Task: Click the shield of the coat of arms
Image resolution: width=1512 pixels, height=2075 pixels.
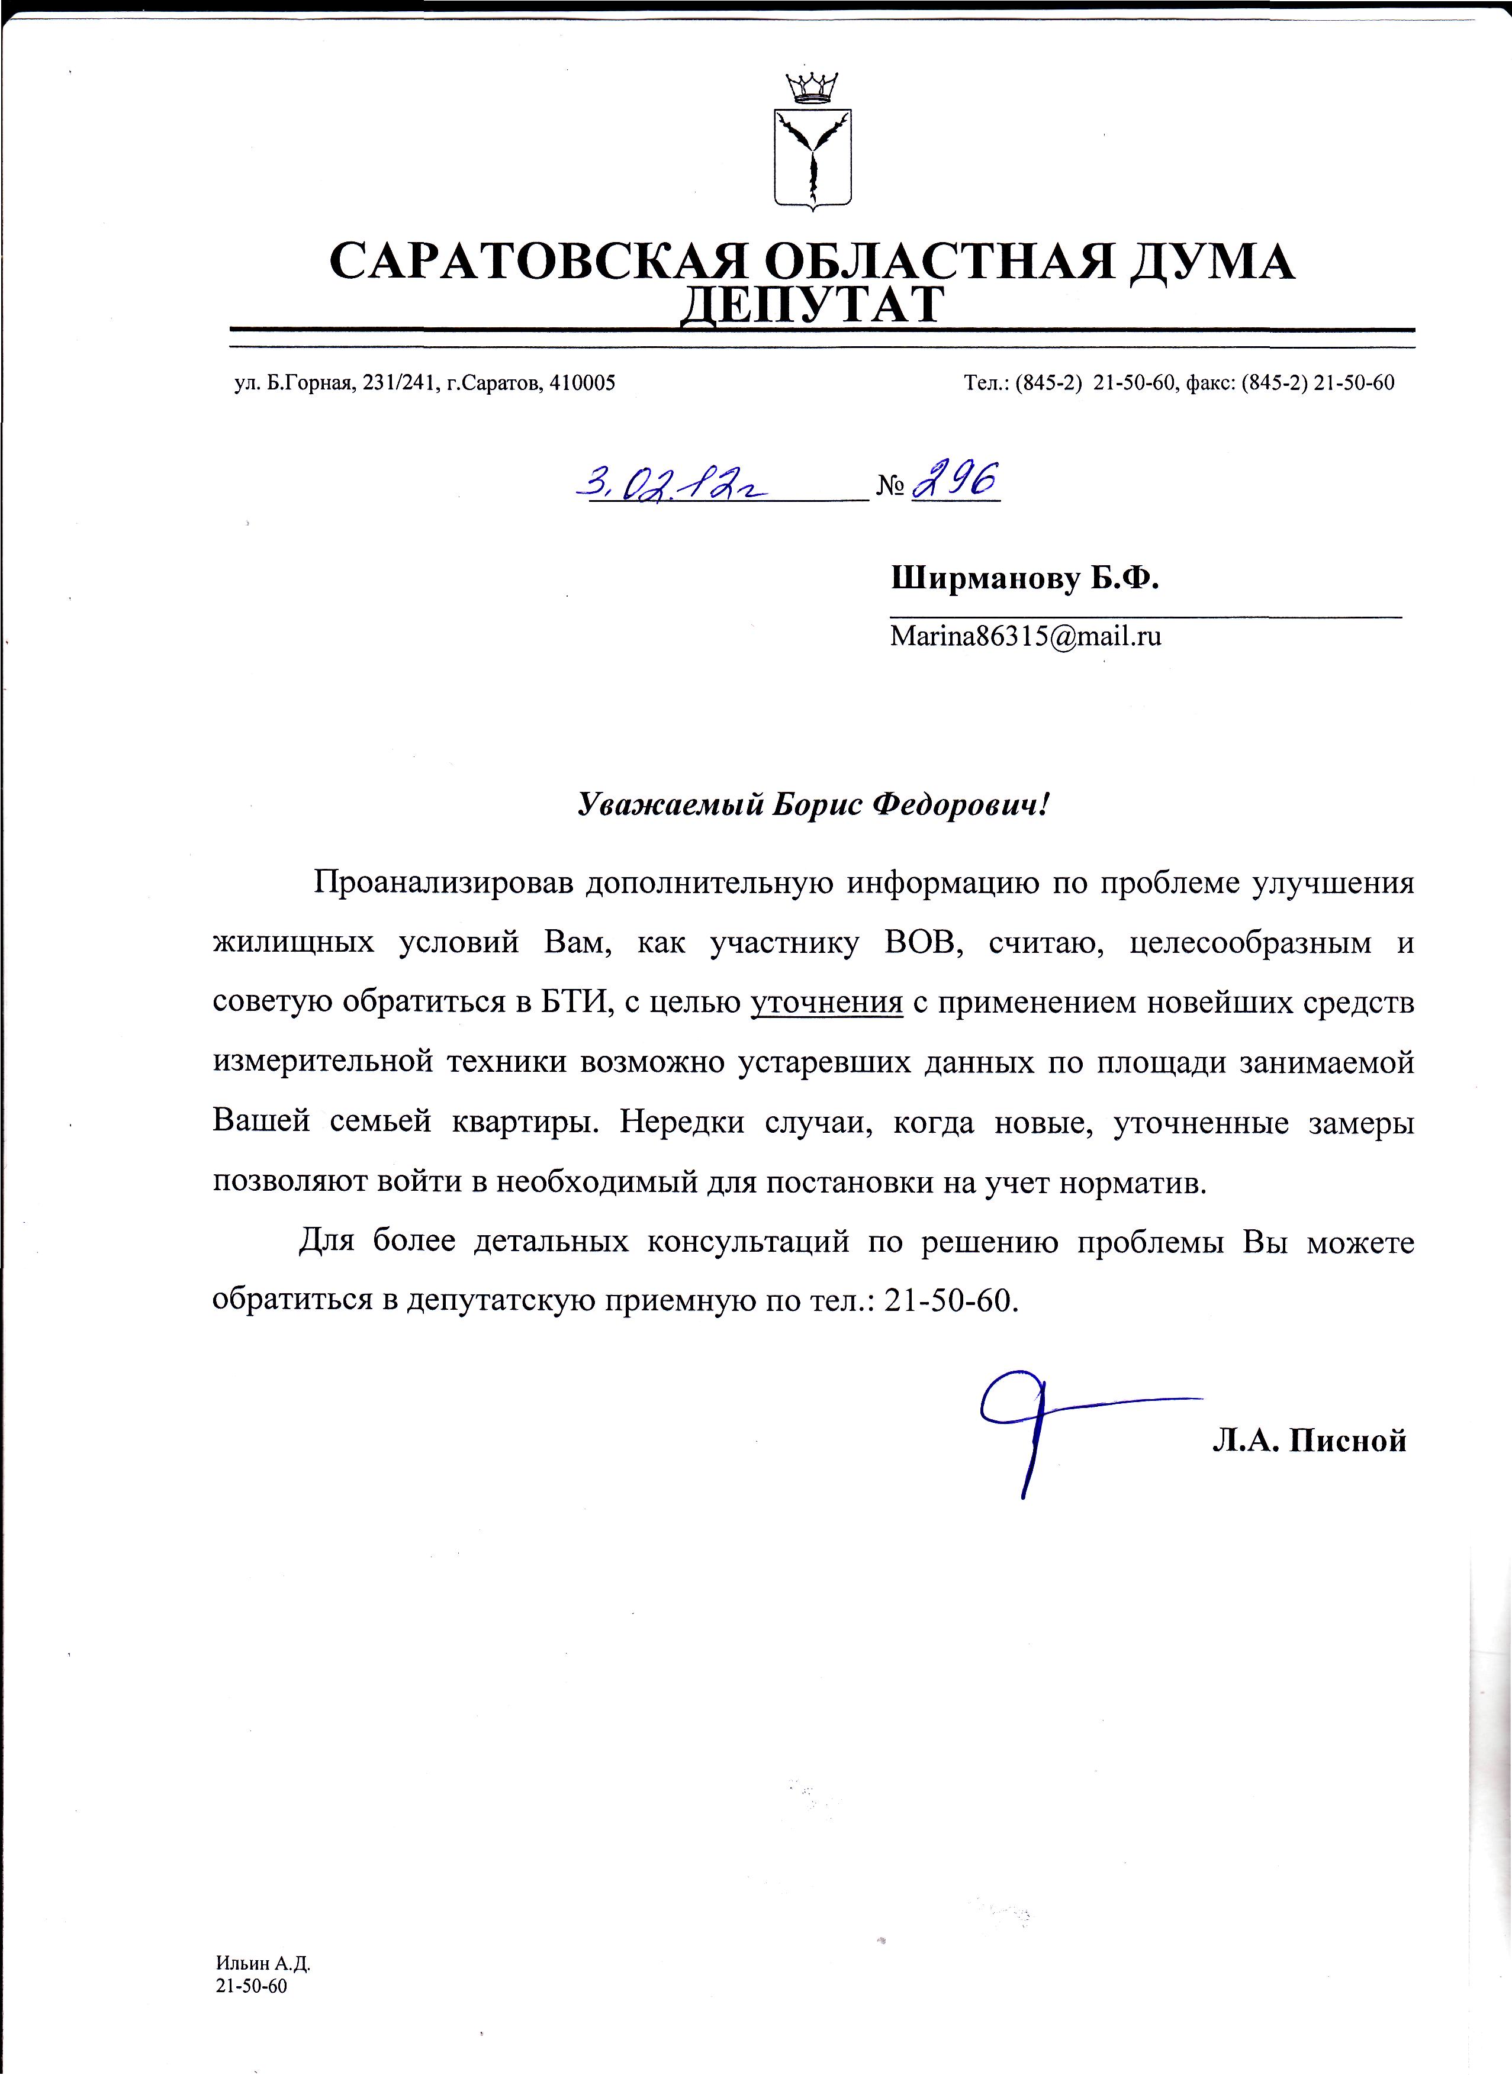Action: point(813,157)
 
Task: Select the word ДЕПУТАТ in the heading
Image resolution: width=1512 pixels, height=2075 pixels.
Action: point(812,305)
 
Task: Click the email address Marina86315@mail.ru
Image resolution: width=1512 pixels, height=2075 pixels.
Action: point(1025,636)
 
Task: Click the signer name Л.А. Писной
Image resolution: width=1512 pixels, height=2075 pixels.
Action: point(1309,1442)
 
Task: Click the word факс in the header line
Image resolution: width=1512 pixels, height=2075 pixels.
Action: point(1209,384)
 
